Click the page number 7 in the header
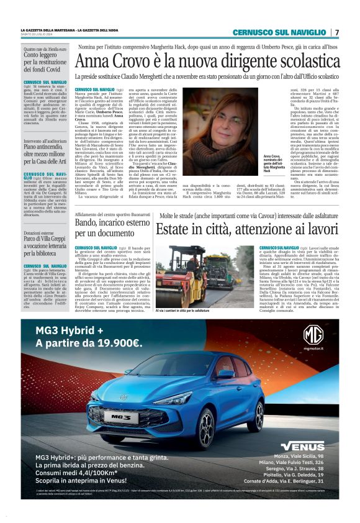336,32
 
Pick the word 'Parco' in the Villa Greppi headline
33,238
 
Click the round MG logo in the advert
313,336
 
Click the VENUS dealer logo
302,445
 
